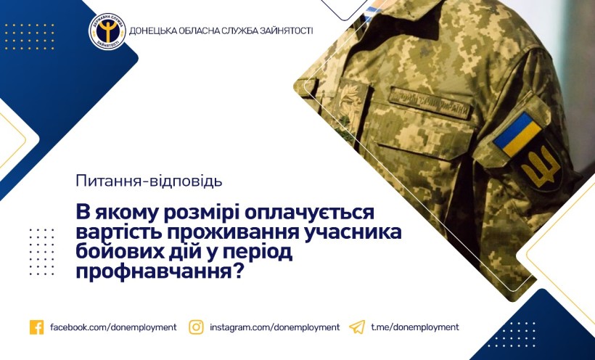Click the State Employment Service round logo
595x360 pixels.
pyautogui.click(x=107, y=31)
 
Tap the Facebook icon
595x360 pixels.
pyautogui.click(x=36, y=327)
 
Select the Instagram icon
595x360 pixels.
pyautogui.click(x=196, y=327)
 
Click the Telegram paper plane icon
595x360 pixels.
pyautogui.click(x=357, y=327)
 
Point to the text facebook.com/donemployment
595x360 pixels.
pyautogui.click(x=113, y=327)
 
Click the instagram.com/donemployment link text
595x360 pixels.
pyautogui.click(x=275, y=327)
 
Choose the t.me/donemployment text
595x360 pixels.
pyautogui.click(x=415, y=327)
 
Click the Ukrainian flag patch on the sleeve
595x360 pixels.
pyautogui.click(x=517, y=134)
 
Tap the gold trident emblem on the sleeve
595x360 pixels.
pyautogui.click(x=541, y=167)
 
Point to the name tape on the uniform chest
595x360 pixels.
pyautogui.click(x=430, y=102)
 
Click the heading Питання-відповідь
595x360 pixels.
pyautogui.click(x=149, y=181)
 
